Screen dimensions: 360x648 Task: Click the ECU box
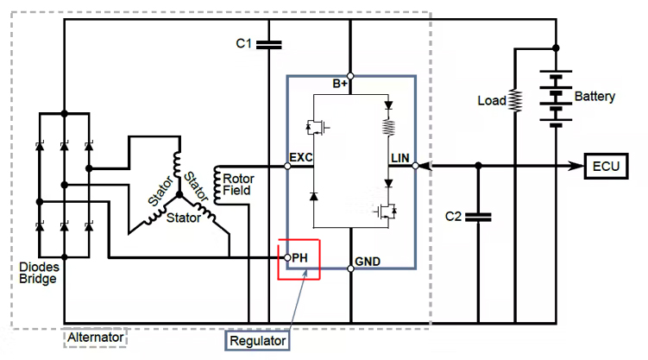pos(608,166)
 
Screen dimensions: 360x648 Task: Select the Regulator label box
pos(256,341)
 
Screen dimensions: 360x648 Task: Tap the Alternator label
pos(96,338)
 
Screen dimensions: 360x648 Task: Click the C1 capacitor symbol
pos(269,42)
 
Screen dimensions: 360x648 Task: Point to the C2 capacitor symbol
pos(476,216)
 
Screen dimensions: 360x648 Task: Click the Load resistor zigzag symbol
pos(515,101)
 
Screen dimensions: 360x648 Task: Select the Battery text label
pos(595,97)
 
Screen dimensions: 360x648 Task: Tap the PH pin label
pos(299,257)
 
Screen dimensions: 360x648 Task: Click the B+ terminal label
pos(341,84)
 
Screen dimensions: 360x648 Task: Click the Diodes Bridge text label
pos(39,273)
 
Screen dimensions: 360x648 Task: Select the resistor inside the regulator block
pos(388,129)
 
